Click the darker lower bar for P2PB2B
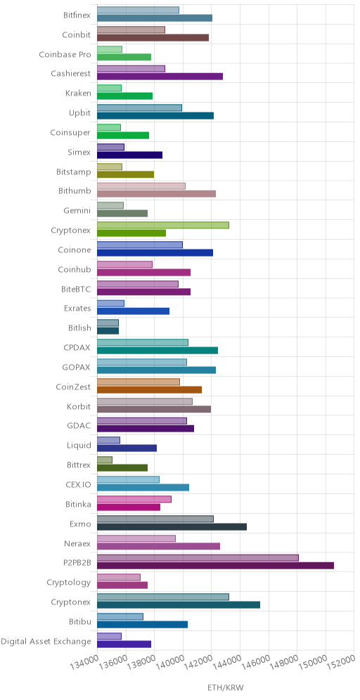(x=215, y=566)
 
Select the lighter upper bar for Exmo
(x=155, y=519)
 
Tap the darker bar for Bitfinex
(x=155, y=18)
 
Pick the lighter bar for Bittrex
(x=105, y=460)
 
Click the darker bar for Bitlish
(x=108, y=331)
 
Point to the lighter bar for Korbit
(x=145, y=401)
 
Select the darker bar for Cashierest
(x=160, y=77)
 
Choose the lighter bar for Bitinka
(x=134, y=499)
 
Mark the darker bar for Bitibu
(x=142, y=625)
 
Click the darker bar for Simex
(x=129, y=155)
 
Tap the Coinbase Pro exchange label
(x=65, y=54)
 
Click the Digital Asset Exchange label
(x=46, y=642)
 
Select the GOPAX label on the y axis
(x=77, y=368)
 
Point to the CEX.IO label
(x=78, y=485)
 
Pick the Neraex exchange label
(x=78, y=543)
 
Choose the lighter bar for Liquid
(x=108, y=440)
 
